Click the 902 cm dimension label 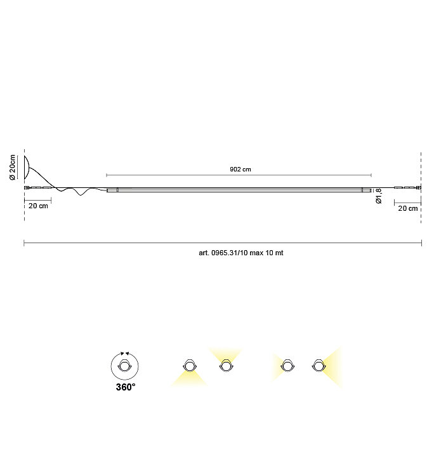[240, 170]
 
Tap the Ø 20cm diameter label [13, 168]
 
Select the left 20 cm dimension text [38, 206]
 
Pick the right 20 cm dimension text [408, 208]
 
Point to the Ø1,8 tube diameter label [379, 196]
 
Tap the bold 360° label [126, 387]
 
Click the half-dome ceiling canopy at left [27, 168]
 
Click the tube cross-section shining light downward [189, 366]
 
